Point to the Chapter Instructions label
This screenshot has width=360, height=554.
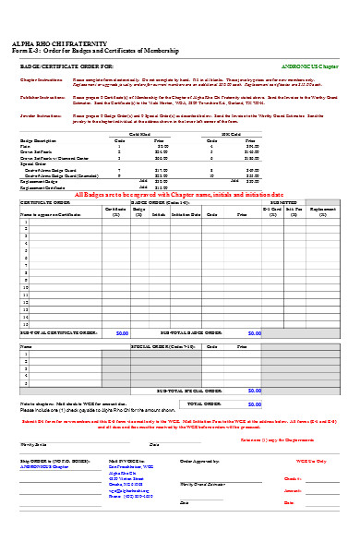[x=37, y=80]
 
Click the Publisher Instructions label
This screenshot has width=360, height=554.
[x=38, y=95]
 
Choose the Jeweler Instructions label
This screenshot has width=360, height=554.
[x=37, y=115]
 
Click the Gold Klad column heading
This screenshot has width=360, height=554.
[x=140, y=135]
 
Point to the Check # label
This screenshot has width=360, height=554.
[x=293, y=478]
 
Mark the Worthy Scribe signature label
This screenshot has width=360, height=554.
[x=34, y=444]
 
